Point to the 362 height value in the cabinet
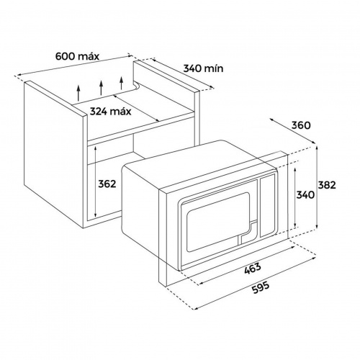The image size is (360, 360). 107,184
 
